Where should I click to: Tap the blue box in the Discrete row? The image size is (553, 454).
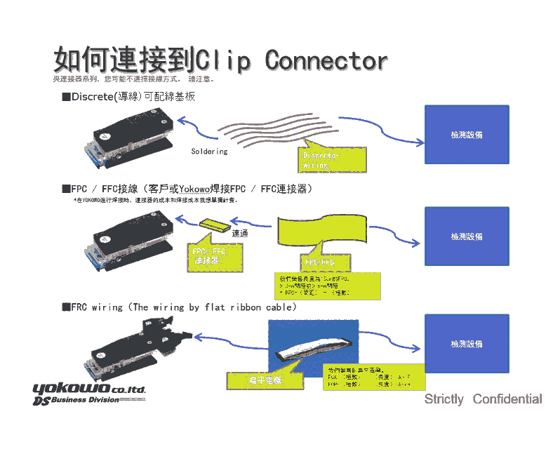point(467,134)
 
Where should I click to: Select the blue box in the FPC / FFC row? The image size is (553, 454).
point(467,236)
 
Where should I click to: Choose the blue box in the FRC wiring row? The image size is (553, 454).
point(467,344)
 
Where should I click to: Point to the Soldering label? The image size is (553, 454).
point(209,151)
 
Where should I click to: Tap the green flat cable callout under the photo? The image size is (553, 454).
point(265,380)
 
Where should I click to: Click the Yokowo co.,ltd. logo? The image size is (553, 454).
point(88,389)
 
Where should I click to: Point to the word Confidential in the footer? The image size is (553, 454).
point(507,399)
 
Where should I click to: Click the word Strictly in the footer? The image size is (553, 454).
point(444,399)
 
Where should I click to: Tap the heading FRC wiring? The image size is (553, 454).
point(96,307)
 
